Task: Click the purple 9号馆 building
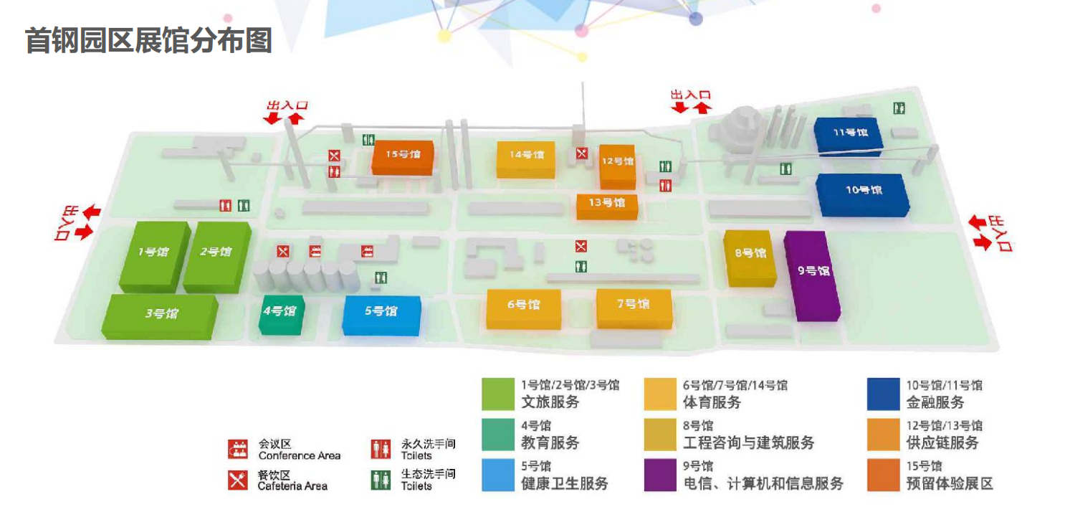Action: pyautogui.click(x=812, y=276)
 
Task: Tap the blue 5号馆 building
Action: pyautogui.click(x=382, y=316)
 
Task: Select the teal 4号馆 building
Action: pyautogui.click(x=282, y=315)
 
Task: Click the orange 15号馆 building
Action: pyautogui.click(x=403, y=158)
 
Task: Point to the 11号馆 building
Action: pyautogui.click(x=849, y=136)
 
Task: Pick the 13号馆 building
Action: pyautogui.click(x=607, y=207)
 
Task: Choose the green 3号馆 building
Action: pyautogui.click(x=160, y=317)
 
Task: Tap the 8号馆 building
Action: pyautogui.click(x=750, y=258)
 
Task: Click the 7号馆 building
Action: pyautogui.click(x=634, y=309)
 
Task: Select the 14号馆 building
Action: pyautogui.click(x=526, y=160)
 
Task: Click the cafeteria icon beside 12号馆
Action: pyautogui.click(x=582, y=153)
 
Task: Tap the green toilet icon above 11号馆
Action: pyautogui.click(x=899, y=108)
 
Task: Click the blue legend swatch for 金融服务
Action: pyautogui.click(x=884, y=394)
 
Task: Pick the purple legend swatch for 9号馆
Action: pyautogui.click(x=660, y=475)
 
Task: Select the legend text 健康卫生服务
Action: pyautogui.click(x=564, y=483)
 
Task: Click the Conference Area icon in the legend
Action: pyautogui.click(x=238, y=449)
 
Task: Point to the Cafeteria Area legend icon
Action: pyautogui.click(x=238, y=480)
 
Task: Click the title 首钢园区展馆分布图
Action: pyautogui.click(x=148, y=40)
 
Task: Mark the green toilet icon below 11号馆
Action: pyautogui.click(x=785, y=169)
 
